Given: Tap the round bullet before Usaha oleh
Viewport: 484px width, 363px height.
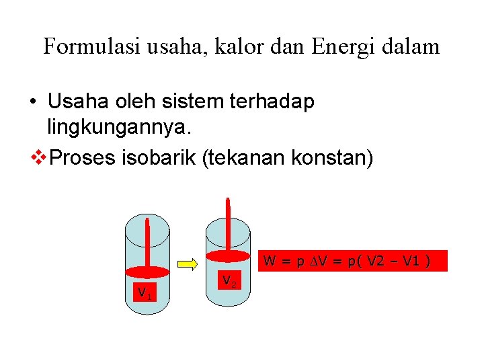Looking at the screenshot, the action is (x=32, y=102).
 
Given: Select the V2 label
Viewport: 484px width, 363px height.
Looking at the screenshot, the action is (x=229, y=280).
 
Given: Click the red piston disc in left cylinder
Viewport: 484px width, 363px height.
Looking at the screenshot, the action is (x=147, y=272).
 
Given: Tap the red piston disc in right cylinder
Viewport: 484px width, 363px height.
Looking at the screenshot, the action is (x=228, y=255).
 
